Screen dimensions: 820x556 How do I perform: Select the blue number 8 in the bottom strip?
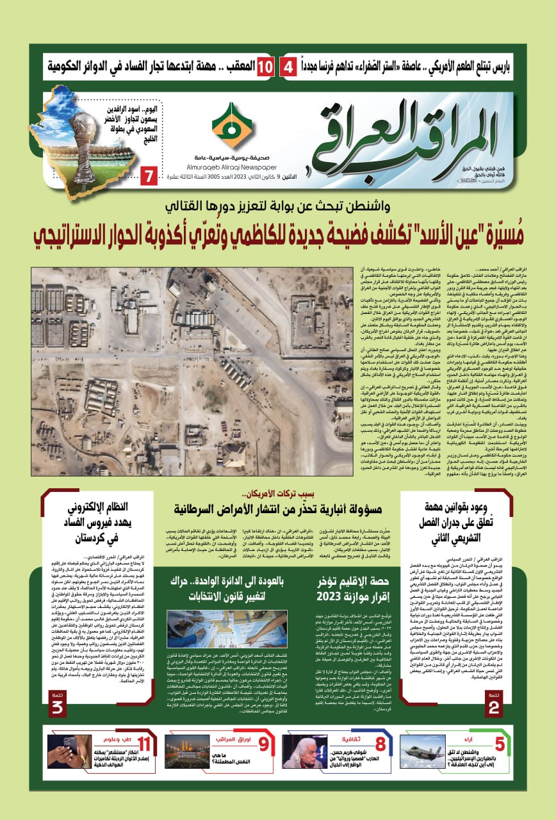pos(380,744)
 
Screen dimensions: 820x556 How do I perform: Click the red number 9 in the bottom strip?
pos(263,744)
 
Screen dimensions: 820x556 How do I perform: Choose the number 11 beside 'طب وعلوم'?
pos(145,744)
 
